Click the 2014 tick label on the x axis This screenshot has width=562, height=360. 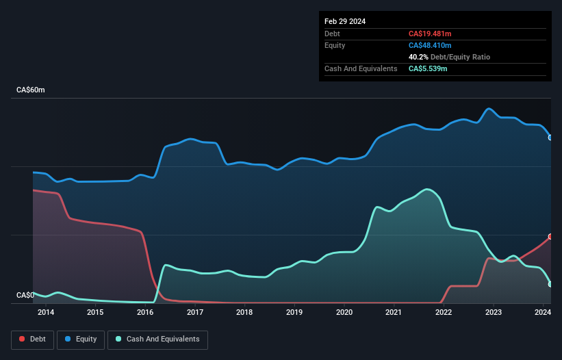coord(46,313)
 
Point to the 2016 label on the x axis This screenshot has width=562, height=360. coord(145,313)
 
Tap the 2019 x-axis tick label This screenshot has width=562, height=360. coord(294,313)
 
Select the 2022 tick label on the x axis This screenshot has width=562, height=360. coord(444,313)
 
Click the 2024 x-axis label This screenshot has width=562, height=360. coord(543,313)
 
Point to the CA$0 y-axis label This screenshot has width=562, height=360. coord(25,296)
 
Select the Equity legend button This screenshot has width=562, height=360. coord(81,339)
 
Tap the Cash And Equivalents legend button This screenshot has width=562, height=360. coord(157,339)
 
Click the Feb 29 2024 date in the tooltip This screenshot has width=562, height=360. coord(345,21)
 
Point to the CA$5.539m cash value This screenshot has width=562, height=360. coord(428,68)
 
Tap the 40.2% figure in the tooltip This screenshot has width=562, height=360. coord(418,57)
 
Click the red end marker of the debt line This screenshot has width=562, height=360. coord(550,236)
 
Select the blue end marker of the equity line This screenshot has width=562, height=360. coord(550,138)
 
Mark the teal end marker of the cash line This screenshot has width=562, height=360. coord(550,284)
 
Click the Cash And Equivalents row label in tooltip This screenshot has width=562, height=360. coord(361,68)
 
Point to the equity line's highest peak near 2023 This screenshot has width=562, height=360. coord(489,108)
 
